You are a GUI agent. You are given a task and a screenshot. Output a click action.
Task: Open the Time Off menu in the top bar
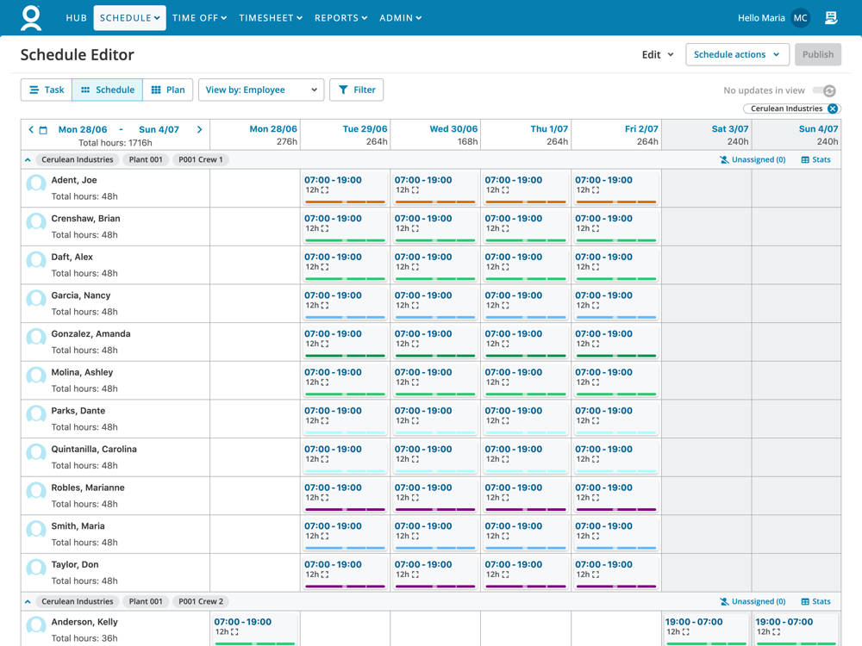tap(199, 18)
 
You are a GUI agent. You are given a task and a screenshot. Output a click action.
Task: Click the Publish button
tap(817, 54)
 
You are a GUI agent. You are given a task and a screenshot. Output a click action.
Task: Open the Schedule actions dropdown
tap(737, 54)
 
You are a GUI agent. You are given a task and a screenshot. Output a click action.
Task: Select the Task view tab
tap(47, 90)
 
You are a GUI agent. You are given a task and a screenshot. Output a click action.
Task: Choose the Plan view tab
tap(168, 90)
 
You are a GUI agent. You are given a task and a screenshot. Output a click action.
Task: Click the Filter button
tap(357, 90)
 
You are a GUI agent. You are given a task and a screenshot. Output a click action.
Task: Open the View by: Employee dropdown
tap(260, 90)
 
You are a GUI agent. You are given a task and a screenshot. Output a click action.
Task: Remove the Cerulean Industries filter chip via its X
tap(833, 109)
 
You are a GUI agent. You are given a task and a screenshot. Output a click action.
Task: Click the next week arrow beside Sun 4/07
tap(200, 130)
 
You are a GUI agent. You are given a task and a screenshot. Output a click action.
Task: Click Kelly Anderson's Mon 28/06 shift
tap(255, 629)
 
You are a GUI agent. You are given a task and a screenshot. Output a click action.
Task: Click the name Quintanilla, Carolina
tap(94, 450)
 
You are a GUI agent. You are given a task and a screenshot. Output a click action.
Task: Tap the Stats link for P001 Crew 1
tap(815, 160)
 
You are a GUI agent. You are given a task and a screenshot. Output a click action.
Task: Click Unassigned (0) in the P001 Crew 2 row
tap(753, 602)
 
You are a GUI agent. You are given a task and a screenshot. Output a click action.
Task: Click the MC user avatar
tap(801, 18)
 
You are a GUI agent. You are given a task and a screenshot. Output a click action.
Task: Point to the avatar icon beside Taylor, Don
tap(36, 568)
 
